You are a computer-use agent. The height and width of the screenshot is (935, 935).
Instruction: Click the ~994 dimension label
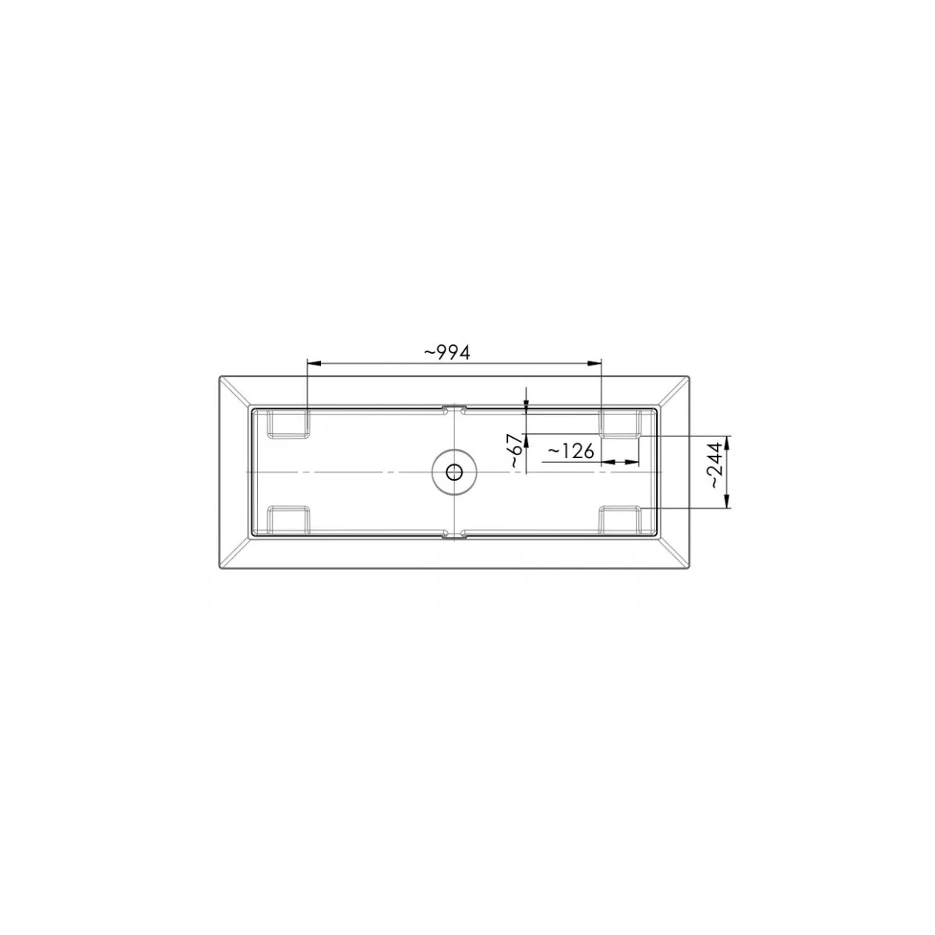pyautogui.click(x=447, y=353)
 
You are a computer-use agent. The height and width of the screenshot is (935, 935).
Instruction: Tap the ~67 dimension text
pyautogui.click(x=517, y=451)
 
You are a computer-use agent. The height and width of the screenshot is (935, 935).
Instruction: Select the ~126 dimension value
pyautogui.click(x=570, y=452)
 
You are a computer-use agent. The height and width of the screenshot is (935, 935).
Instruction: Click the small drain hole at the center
pyautogui.click(x=454, y=472)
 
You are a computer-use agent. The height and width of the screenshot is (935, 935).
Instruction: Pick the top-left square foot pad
pyautogui.click(x=289, y=425)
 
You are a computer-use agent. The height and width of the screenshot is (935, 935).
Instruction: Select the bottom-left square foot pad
pyautogui.click(x=289, y=520)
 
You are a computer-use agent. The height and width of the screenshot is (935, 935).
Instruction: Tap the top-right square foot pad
pyautogui.click(x=620, y=424)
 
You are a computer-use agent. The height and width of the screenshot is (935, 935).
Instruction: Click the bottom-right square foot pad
pyautogui.click(x=620, y=520)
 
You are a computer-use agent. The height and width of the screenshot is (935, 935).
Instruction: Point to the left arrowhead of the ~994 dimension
pyautogui.click(x=315, y=363)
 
